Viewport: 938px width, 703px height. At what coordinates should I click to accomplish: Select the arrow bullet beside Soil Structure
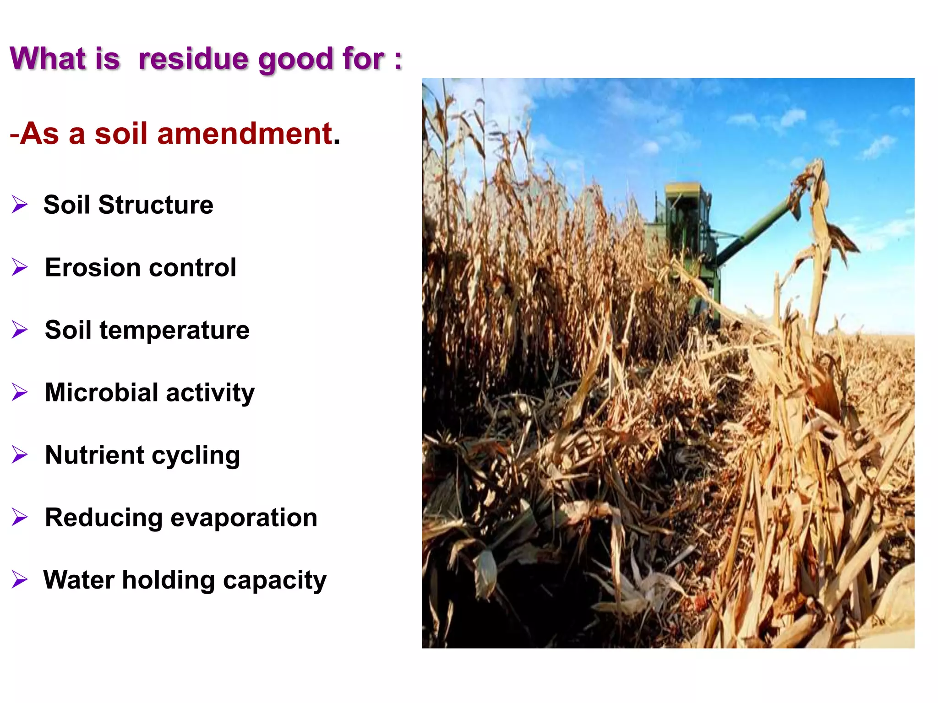[20, 204]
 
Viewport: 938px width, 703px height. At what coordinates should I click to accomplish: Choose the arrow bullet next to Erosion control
[20, 267]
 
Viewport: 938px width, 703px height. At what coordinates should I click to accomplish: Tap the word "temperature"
[175, 330]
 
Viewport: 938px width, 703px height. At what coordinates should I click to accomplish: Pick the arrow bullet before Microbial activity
[20, 392]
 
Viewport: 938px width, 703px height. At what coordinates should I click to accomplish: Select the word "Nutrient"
[95, 455]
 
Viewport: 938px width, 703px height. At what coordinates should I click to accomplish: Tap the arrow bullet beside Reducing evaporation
[20, 517]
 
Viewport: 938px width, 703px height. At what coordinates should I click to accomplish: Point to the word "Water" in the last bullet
[79, 580]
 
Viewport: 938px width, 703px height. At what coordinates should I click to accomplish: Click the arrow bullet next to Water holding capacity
[20, 579]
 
